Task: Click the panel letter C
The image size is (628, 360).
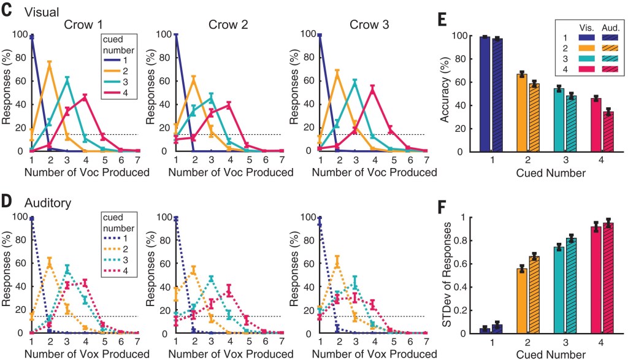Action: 9,9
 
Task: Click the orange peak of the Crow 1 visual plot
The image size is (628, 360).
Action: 49,62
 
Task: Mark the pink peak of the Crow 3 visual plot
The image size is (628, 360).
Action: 372,88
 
